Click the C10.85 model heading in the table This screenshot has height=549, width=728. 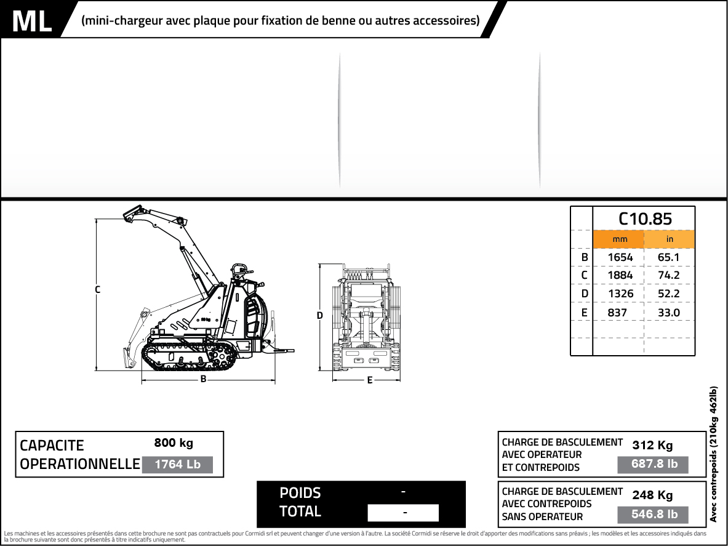tap(644, 218)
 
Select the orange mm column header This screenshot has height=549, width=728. tap(618, 239)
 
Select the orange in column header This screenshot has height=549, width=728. tap(670, 239)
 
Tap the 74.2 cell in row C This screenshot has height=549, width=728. tap(668, 275)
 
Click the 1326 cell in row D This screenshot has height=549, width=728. tap(620, 294)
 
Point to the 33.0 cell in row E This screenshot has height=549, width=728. tap(668, 313)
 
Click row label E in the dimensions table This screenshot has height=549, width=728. tap(584, 313)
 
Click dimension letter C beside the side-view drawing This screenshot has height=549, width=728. tap(97, 289)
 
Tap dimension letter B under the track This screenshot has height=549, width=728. tap(203, 380)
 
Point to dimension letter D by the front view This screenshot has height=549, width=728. tap(319, 316)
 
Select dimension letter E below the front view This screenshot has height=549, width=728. tap(369, 380)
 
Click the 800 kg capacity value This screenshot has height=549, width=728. tap(174, 443)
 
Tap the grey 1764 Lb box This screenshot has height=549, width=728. tap(177, 465)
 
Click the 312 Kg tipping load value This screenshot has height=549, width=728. tap(652, 446)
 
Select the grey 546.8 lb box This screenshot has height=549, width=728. tap(654, 515)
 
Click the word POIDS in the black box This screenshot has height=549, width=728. tap(300, 493)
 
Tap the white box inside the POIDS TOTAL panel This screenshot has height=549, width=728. tap(403, 513)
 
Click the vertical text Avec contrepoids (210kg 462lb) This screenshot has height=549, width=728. tap(713, 454)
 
